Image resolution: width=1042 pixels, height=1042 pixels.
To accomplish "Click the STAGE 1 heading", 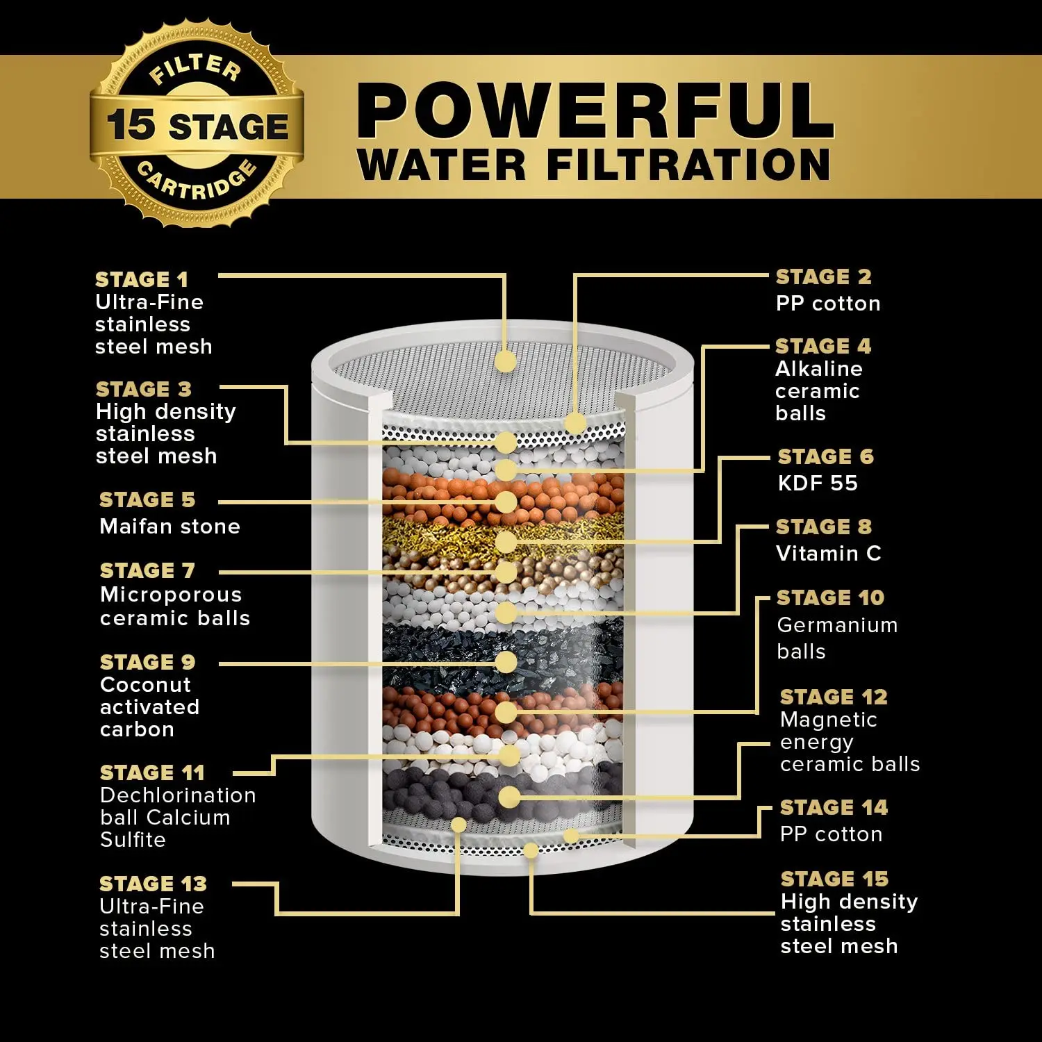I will (142, 279).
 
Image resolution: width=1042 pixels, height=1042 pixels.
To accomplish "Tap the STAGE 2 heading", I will (823, 276).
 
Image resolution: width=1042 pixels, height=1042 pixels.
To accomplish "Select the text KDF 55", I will (818, 483).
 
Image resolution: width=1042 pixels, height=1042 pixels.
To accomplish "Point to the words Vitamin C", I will (828, 553).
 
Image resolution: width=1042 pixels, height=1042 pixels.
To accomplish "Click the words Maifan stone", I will (169, 526).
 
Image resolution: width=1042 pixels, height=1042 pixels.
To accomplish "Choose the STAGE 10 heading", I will (830, 597).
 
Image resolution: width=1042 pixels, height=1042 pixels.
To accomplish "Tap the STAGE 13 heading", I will (153, 884).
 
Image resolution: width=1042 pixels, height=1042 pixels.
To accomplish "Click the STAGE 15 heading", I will (834, 879).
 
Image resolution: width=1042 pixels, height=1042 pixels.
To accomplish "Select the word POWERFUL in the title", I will (595, 111).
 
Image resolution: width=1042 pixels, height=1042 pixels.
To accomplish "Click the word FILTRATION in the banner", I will (688, 165).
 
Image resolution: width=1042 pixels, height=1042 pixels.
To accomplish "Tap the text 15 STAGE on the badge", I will (197, 126).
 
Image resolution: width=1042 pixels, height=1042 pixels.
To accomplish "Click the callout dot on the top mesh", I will (506, 361).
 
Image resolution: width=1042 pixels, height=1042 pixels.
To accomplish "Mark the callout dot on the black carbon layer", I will (506, 662).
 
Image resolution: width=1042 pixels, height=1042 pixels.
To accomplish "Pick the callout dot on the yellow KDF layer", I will (506, 542).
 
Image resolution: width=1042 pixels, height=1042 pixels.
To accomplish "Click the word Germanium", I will (837, 625).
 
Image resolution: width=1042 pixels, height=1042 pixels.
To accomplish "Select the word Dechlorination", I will (178, 795).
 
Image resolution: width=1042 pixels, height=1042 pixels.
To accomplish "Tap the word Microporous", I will (171, 595).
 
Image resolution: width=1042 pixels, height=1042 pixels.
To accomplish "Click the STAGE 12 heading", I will (834, 697).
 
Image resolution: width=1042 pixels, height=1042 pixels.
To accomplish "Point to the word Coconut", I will (145, 684).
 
